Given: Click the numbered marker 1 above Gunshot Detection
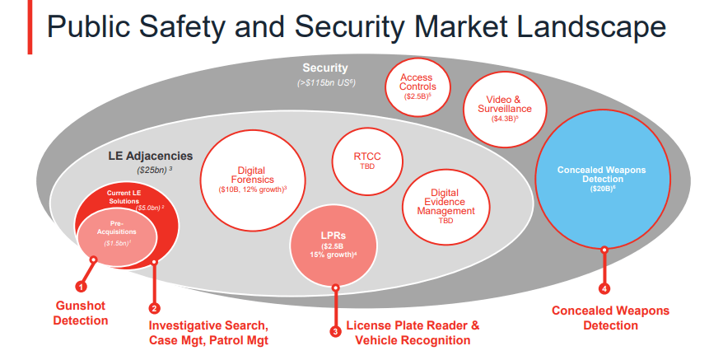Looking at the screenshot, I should point(81,287).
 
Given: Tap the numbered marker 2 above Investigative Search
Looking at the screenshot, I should point(154,308).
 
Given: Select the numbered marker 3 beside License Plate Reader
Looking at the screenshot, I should point(335,331).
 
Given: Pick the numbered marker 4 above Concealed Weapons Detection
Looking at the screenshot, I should point(604,288).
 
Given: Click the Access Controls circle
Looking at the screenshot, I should point(417,86).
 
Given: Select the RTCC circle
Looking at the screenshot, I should point(366,159).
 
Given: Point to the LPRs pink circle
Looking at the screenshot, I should point(334,245).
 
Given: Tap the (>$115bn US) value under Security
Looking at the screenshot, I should point(325,83).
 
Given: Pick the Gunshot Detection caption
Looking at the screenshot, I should point(81,312).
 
